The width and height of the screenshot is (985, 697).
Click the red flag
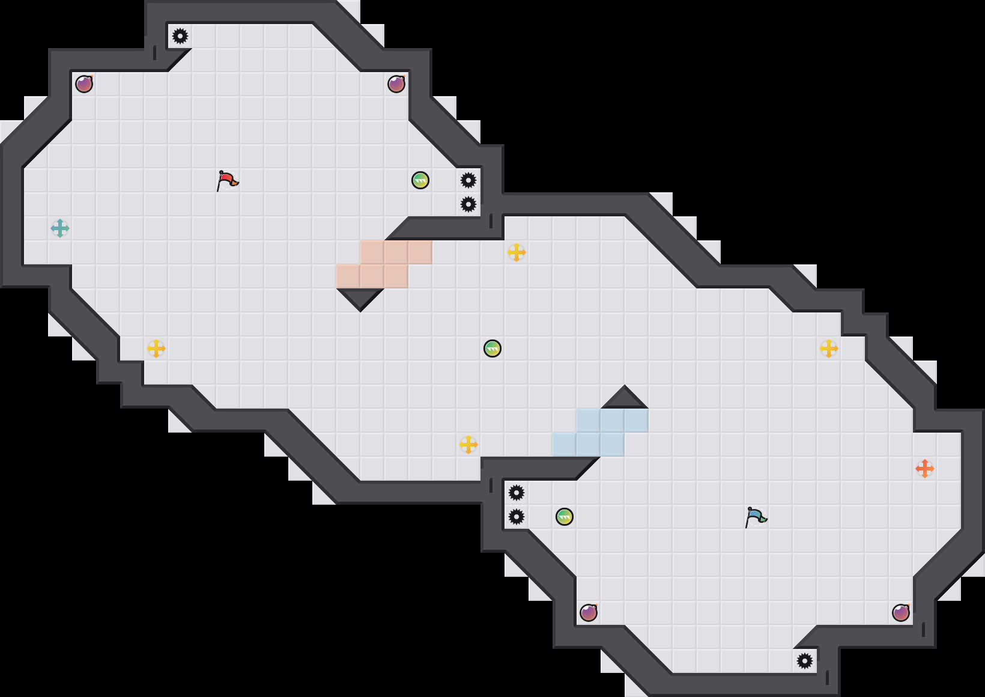click(x=227, y=180)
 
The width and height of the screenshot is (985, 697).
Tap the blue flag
click(x=756, y=517)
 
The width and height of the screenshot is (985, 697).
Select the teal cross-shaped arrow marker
click(x=60, y=228)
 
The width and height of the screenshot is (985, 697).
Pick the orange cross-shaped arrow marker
click(x=925, y=469)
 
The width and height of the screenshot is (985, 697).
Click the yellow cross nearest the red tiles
click(x=517, y=252)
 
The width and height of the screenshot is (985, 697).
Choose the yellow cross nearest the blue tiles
click(x=468, y=445)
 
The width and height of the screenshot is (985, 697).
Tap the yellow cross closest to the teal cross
click(x=156, y=348)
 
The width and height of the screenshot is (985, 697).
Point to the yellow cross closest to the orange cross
click(x=829, y=348)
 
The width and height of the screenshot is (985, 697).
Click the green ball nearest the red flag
click(x=420, y=180)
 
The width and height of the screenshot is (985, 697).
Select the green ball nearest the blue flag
click(x=565, y=517)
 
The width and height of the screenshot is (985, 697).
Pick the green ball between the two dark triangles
click(x=492, y=348)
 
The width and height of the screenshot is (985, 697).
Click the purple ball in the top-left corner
click(x=84, y=84)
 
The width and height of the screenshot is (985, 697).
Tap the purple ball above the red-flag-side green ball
click(x=396, y=84)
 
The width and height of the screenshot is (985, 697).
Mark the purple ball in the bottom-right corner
click(x=901, y=613)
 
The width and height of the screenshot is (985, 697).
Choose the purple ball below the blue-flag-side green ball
click(x=589, y=613)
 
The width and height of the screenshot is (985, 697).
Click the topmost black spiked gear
click(x=180, y=36)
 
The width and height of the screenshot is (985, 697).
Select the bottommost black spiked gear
click(x=805, y=661)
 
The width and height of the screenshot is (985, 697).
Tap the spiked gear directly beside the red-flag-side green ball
click(x=468, y=180)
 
